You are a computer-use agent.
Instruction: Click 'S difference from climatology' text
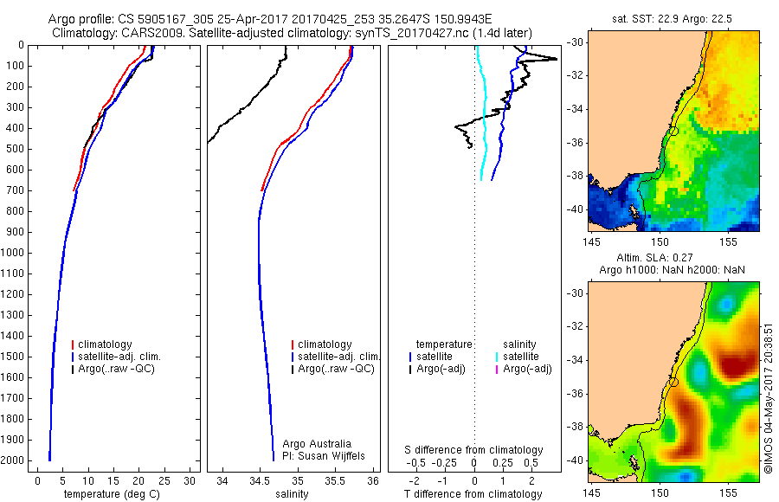pos(474,450)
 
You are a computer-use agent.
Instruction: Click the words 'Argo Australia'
pos(318,444)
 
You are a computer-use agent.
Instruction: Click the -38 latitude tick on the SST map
pos(574,175)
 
